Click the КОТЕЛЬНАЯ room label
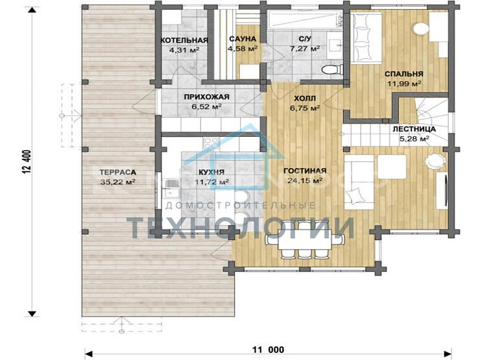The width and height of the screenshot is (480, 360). pos(184,40)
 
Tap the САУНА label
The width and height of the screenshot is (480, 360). pos(243,39)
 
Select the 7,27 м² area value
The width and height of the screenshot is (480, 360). pos(305,49)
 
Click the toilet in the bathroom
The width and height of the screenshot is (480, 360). pos(332,69)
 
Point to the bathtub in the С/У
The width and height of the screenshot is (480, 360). pos(305,20)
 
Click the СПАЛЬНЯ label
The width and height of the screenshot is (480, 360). pos(404,74)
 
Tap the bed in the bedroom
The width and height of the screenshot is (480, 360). pos(366,38)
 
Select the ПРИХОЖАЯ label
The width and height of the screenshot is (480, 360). pos(207,97)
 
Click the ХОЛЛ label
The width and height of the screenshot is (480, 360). pos(305,99)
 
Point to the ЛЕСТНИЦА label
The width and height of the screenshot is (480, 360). pos(414,129)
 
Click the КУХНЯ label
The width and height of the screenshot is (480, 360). pos(211,172)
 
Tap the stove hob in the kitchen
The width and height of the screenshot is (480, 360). pos(211,143)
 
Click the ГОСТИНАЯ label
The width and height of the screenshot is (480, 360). pos(305,171)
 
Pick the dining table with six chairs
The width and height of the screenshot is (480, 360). pos(305,240)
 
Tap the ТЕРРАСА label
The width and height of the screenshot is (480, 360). pos(117,173)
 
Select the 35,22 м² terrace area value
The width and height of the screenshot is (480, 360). pos(117,182)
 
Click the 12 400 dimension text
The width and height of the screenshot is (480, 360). pos(27,162)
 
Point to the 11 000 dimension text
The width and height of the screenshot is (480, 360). pos(268,349)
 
